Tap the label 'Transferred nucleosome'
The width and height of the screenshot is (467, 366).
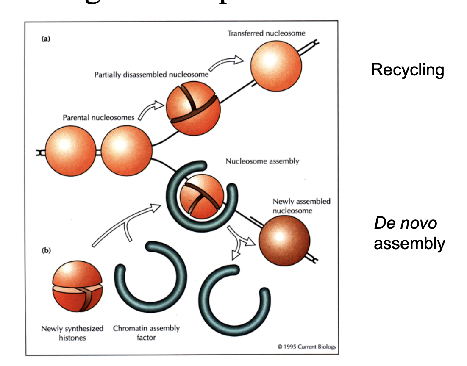[266, 33]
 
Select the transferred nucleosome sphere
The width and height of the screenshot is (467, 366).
[276, 66]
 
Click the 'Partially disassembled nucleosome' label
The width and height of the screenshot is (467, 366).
[151, 75]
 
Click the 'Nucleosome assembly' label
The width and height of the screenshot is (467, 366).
[262, 161]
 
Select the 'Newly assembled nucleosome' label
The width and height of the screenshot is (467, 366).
[301, 206]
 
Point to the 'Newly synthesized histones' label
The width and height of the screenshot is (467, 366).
[72, 333]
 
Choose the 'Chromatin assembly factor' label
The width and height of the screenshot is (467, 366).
[146, 333]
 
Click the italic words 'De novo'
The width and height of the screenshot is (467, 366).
[405, 223]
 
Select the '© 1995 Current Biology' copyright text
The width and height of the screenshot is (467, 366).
[307, 347]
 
